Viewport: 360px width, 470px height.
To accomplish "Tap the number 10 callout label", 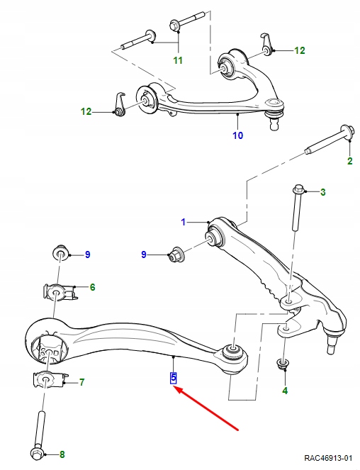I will (x=238, y=135).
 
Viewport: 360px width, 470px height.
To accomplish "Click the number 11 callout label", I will (x=178, y=60).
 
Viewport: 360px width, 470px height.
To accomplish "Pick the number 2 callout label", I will (x=349, y=162).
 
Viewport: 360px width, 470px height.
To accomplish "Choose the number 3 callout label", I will (x=323, y=192).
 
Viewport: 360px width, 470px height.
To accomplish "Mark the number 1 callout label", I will (x=182, y=222).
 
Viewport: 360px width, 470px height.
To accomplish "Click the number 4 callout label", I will (x=285, y=390).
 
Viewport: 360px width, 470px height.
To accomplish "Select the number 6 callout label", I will (x=92, y=287).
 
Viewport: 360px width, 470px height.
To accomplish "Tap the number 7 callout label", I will (x=81, y=383).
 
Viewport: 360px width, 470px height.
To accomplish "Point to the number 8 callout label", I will (x=61, y=454).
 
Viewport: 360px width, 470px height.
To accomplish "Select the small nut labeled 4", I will (x=285, y=364).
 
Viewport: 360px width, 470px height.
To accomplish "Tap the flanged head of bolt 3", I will (x=298, y=190).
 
